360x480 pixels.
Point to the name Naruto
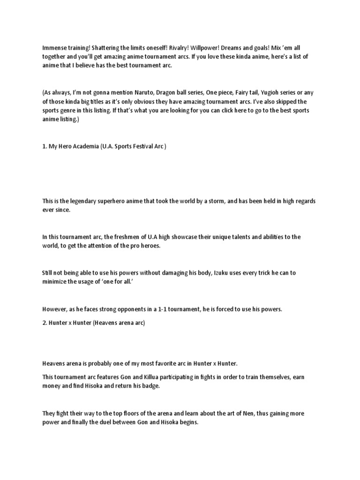160,93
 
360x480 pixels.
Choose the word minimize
55,282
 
